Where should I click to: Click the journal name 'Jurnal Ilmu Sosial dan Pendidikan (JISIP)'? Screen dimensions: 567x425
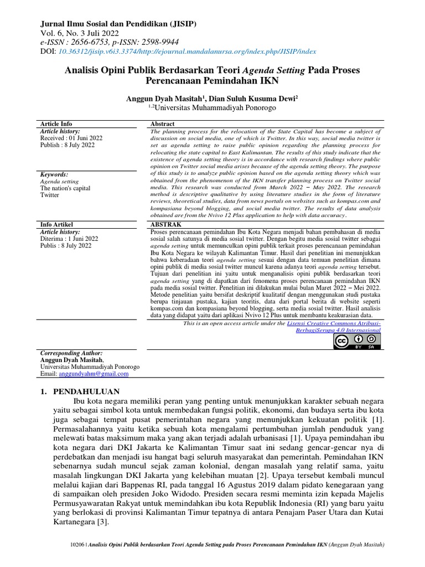tap(116, 25)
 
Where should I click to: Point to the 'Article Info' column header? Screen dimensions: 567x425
tap(56, 123)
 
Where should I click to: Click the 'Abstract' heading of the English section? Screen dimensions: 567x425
tap(163, 123)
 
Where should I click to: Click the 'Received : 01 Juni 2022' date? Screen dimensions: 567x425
tap(71, 138)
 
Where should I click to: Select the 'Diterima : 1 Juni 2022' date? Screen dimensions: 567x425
tap(70, 239)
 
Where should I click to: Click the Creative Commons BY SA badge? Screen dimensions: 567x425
tap(357, 341)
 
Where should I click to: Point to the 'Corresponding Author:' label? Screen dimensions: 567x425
tap(71, 353)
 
